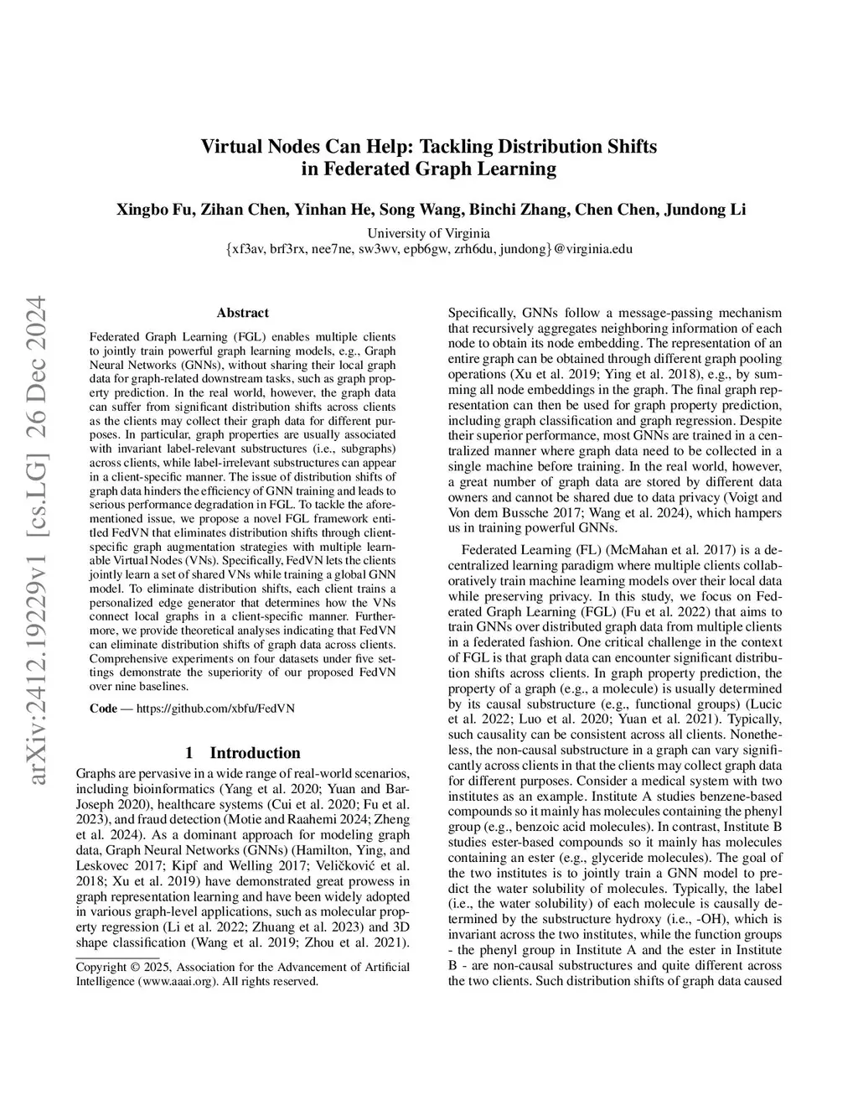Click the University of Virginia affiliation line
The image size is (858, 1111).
[x=428, y=233]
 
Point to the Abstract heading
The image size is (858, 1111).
[x=243, y=313]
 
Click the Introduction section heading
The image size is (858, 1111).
[x=255, y=752]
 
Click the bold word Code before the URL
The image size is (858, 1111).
[x=103, y=708]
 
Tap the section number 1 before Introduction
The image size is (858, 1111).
[x=190, y=752]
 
